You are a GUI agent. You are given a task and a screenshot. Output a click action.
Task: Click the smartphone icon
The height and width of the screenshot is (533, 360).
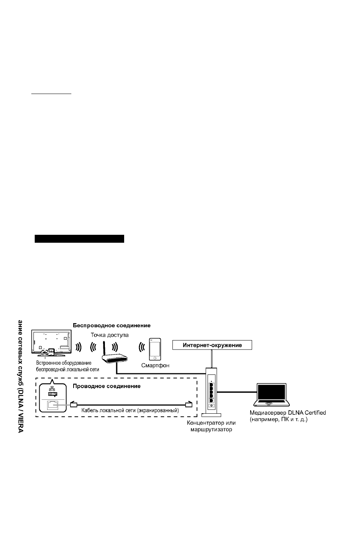tap(155, 349)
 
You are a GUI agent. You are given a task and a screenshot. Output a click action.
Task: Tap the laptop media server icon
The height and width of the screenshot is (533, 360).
tap(271, 395)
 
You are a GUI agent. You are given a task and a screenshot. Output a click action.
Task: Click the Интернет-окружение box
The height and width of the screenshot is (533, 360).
tap(212, 345)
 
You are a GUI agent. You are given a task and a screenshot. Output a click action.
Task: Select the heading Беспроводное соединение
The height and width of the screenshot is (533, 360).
tap(112, 325)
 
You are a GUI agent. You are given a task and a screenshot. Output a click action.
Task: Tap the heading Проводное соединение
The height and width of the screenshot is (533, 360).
tap(106, 386)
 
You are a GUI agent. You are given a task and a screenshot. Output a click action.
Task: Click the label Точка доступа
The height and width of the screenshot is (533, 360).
tap(110, 335)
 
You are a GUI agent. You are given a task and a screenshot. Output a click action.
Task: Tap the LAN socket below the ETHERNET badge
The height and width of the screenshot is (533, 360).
tap(52, 405)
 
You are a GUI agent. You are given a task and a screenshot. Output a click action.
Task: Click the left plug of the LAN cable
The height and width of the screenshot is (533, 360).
tap(74, 404)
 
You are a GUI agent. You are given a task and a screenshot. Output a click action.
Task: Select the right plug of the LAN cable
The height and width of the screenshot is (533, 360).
tap(189, 404)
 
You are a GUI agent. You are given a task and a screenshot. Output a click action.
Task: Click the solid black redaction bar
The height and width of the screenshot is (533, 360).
tap(80, 239)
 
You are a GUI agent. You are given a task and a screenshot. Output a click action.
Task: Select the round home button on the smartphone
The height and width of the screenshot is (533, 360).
tap(155, 358)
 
